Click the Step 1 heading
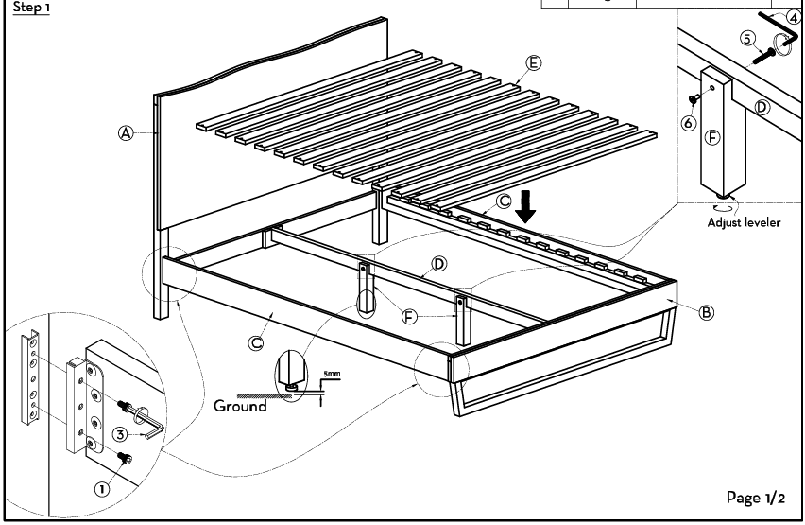(31, 8)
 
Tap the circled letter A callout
(126, 133)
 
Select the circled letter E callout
(534, 63)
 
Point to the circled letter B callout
(707, 312)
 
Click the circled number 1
(102, 488)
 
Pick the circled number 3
(120, 434)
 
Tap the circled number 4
(794, 17)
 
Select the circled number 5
(747, 39)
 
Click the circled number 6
(689, 123)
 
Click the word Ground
(240, 406)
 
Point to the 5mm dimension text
(332, 374)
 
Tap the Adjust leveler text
(744, 222)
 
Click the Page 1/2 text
(756, 498)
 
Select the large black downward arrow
(525, 207)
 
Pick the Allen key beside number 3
(149, 422)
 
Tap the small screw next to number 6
(693, 97)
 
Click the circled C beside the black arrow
(505, 201)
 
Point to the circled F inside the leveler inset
(712, 137)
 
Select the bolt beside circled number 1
(125, 457)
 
